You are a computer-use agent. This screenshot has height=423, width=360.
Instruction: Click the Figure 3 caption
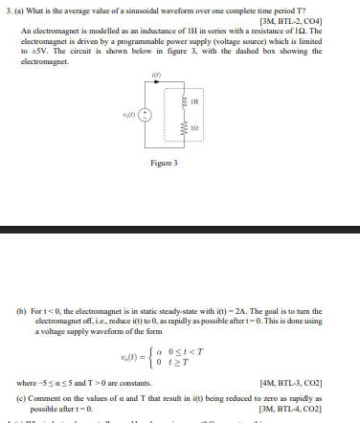coord(165,190)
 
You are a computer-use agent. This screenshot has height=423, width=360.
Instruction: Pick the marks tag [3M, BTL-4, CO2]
coord(289,408)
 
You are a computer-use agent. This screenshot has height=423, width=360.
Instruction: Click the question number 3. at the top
coord(7,9)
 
